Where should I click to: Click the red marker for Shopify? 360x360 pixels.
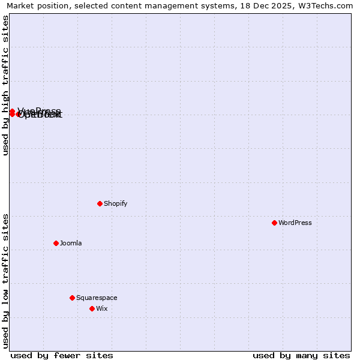pyautogui.click(x=100, y=203)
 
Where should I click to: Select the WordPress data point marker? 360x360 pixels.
pyautogui.click(x=274, y=223)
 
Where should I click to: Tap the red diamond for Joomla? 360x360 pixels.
pyautogui.click(x=56, y=243)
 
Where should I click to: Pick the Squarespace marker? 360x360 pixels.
pyautogui.click(x=72, y=298)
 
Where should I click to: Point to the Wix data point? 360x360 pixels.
pyautogui.click(x=92, y=308)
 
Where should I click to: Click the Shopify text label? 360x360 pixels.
pyautogui.click(x=116, y=203)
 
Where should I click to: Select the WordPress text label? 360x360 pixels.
pyautogui.click(x=295, y=223)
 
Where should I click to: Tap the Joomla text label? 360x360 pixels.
pyautogui.click(x=71, y=243)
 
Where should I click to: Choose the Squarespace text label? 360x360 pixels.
pyautogui.click(x=97, y=298)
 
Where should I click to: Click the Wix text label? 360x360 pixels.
pyautogui.click(x=102, y=308)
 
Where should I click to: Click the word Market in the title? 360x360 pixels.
pyautogui.click(x=20, y=6)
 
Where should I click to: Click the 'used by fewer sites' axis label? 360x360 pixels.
pyautogui.click(x=62, y=355)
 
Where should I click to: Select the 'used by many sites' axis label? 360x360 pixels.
pyautogui.click(x=301, y=355)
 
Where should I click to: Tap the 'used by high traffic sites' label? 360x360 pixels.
pyautogui.click(x=6, y=86)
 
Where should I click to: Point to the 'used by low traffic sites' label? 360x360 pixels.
pyautogui.click(x=6, y=280)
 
